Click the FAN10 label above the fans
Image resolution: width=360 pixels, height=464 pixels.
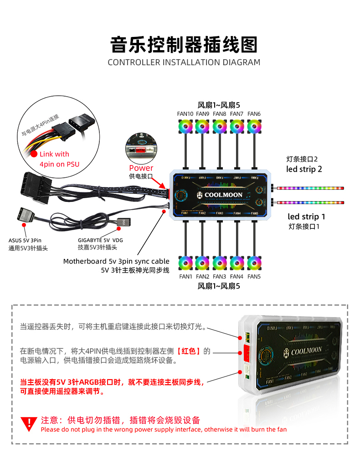(x=185, y=113)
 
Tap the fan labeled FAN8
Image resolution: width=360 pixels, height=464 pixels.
(x=220, y=126)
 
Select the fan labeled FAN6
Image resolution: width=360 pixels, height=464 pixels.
(x=254, y=126)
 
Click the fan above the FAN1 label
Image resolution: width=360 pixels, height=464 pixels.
(x=185, y=263)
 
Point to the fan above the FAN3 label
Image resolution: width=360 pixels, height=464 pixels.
(x=220, y=263)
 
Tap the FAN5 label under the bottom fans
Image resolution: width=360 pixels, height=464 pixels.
(x=254, y=277)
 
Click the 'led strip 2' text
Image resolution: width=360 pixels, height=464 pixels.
(x=304, y=169)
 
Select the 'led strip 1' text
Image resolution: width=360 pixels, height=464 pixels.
(x=306, y=217)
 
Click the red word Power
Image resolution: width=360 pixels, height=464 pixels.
(x=141, y=168)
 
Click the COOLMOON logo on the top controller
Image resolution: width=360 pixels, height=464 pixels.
(x=221, y=195)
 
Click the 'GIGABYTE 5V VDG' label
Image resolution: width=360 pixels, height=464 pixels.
(x=100, y=240)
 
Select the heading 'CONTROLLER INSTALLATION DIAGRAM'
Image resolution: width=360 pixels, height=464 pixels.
(x=184, y=62)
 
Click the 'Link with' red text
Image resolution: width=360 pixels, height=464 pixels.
(x=54, y=154)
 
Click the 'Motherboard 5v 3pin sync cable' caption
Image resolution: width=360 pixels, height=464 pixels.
(x=116, y=262)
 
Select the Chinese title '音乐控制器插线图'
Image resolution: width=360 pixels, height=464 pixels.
(x=184, y=45)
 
